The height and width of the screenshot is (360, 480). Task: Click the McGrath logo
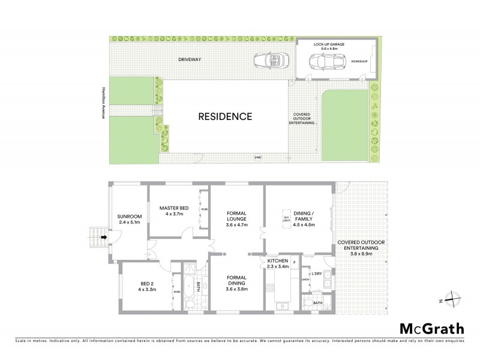(431, 328)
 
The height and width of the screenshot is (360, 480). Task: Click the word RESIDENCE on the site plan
(226, 116)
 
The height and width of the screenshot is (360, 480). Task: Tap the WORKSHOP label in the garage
(359, 62)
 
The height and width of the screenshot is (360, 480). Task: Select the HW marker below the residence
(258, 157)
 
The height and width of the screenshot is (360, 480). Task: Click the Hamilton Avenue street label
(103, 101)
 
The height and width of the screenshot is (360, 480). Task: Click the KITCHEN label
(278, 262)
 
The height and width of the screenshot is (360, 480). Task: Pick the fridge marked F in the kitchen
(295, 262)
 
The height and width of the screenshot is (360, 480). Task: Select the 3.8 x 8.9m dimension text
(358, 254)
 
